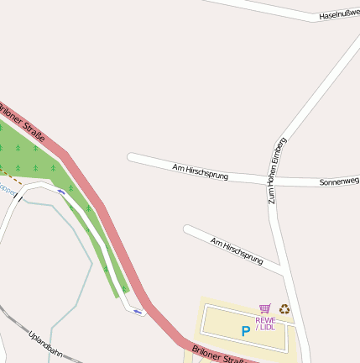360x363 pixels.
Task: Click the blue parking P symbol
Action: pos(245,331)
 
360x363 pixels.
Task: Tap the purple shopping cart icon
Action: pos(265,309)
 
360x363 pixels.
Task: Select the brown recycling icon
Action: pos(284,309)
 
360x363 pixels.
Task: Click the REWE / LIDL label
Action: pos(265,324)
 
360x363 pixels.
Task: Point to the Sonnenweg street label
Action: pos(339,181)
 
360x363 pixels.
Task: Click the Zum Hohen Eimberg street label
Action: pos(277,171)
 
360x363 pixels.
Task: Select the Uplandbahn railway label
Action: pos(45,344)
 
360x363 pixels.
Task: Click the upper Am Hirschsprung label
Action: pos(200,172)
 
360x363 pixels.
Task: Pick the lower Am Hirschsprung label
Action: pos(237,250)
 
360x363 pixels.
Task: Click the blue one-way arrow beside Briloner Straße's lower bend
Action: pos(138,312)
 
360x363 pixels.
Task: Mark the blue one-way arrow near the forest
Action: pos(61,192)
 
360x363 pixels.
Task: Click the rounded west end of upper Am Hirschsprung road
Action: pos(131,156)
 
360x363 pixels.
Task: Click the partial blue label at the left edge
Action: pos(7,190)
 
